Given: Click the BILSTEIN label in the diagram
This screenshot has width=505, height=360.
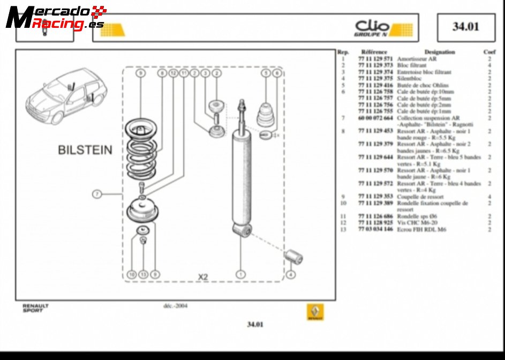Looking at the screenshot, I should point(85,150).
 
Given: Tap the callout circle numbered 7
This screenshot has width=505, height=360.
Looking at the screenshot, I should point(96,194).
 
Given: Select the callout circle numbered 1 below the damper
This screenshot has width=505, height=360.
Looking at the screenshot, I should point(240,274).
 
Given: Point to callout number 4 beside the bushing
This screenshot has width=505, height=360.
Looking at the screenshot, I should point(290,274).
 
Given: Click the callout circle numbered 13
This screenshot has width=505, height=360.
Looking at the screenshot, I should point(143,274).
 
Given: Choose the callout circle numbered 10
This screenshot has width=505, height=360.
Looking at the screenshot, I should point(131,274).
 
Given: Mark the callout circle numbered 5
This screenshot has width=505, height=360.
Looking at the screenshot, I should point(265,73).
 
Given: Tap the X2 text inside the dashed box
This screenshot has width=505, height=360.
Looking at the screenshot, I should point(203,277).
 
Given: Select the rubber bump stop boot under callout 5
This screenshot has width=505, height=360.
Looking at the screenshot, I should point(266,112).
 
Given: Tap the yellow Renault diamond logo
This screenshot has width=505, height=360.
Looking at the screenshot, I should point(315,312).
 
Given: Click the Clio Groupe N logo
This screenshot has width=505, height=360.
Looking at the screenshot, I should point(383,28).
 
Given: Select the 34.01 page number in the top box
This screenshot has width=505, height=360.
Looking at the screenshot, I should point(465,27).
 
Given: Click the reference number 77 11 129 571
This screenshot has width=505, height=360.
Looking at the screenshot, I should point(375,59).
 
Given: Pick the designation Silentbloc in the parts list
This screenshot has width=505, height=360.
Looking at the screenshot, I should point(410,79).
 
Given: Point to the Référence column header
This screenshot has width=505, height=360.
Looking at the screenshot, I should point(374,52).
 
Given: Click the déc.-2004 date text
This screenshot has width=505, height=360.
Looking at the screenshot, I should point(175,306).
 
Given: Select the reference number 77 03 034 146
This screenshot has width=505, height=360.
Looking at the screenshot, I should point(375,229).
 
